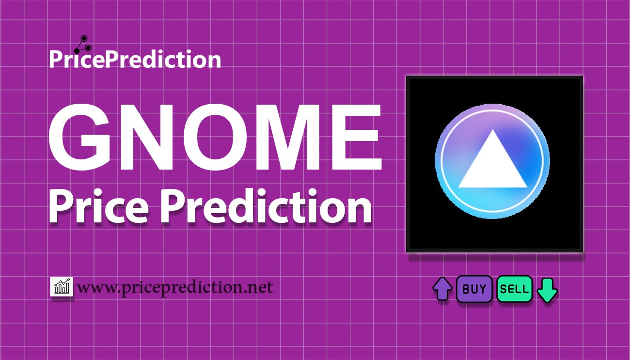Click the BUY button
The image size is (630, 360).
[x=474, y=289]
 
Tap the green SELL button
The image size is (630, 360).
[x=514, y=289]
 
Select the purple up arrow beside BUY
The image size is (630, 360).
[x=442, y=289]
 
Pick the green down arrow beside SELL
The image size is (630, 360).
[x=548, y=290]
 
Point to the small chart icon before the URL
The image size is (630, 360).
[x=62, y=287]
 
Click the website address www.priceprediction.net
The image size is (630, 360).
[x=175, y=288]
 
